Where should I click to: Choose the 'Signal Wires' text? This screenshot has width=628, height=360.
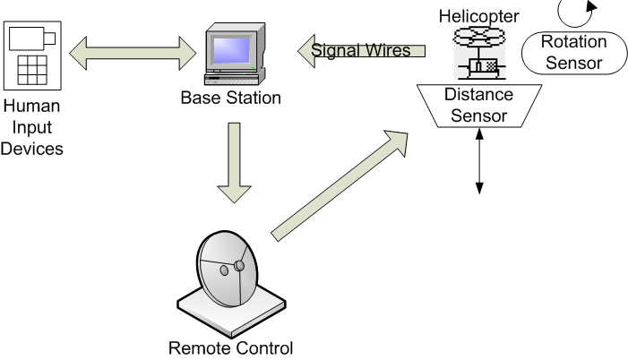coord(360,50)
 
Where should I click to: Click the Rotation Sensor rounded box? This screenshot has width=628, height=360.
coord(573,53)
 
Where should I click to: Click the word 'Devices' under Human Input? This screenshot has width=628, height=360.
coord(31,149)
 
